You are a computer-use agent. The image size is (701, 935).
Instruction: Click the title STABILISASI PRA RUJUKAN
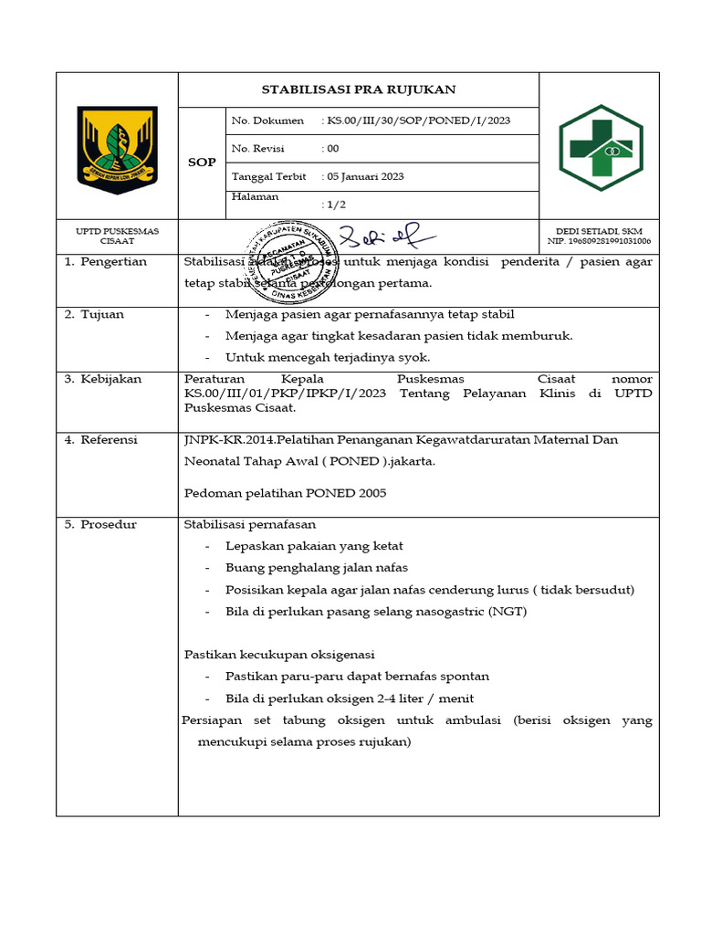(x=358, y=89)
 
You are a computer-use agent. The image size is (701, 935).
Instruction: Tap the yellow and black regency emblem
(x=117, y=149)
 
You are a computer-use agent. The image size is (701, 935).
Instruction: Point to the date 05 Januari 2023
(x=366, y=176)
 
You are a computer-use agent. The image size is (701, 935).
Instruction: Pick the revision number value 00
(x=333, y=149)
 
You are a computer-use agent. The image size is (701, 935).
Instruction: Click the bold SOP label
(x=202, y=163)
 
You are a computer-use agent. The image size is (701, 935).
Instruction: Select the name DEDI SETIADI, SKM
(x=599, y=232)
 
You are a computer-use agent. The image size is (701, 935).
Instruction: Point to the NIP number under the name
(x=599, y=242)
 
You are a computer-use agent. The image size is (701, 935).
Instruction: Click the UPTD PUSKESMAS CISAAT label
(x=117, y=236)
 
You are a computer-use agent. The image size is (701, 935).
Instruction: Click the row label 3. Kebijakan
(x=103, y=379)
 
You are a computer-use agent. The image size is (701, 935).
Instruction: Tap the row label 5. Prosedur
(x=100, y=524)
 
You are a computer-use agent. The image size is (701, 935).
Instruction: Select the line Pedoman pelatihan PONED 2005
(x=285, y=493)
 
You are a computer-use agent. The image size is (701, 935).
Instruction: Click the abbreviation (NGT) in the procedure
(x=507, y=612)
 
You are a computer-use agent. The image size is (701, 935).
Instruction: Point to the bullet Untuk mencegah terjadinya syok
(x=327, y=357)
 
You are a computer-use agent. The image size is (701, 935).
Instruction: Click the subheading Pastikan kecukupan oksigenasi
(x=279, y=655)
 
